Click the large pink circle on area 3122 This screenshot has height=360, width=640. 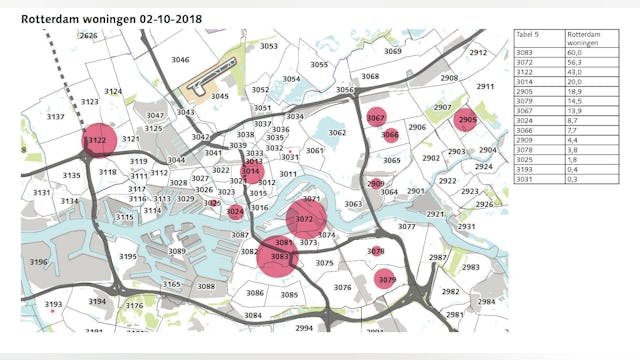tap(98, 141)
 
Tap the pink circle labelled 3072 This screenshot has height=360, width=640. tap(305, 219)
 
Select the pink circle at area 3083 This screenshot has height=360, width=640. tap(279, 258)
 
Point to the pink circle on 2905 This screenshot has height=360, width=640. tap(466, 120)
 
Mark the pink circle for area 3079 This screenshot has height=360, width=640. tap(386, 280)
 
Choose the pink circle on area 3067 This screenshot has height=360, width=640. tap(376, 118)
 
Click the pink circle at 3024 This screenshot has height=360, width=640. tap(235, 211)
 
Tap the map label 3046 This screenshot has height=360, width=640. tap(180, 60)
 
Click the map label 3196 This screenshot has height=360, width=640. tap(38, 262)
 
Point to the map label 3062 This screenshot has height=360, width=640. tap(337, 133)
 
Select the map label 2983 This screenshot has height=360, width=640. tap(470, 267)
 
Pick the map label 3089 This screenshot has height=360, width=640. tap(177, 251)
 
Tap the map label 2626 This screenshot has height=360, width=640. tap(89, 36)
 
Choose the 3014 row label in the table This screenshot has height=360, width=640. tap(526, 85)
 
